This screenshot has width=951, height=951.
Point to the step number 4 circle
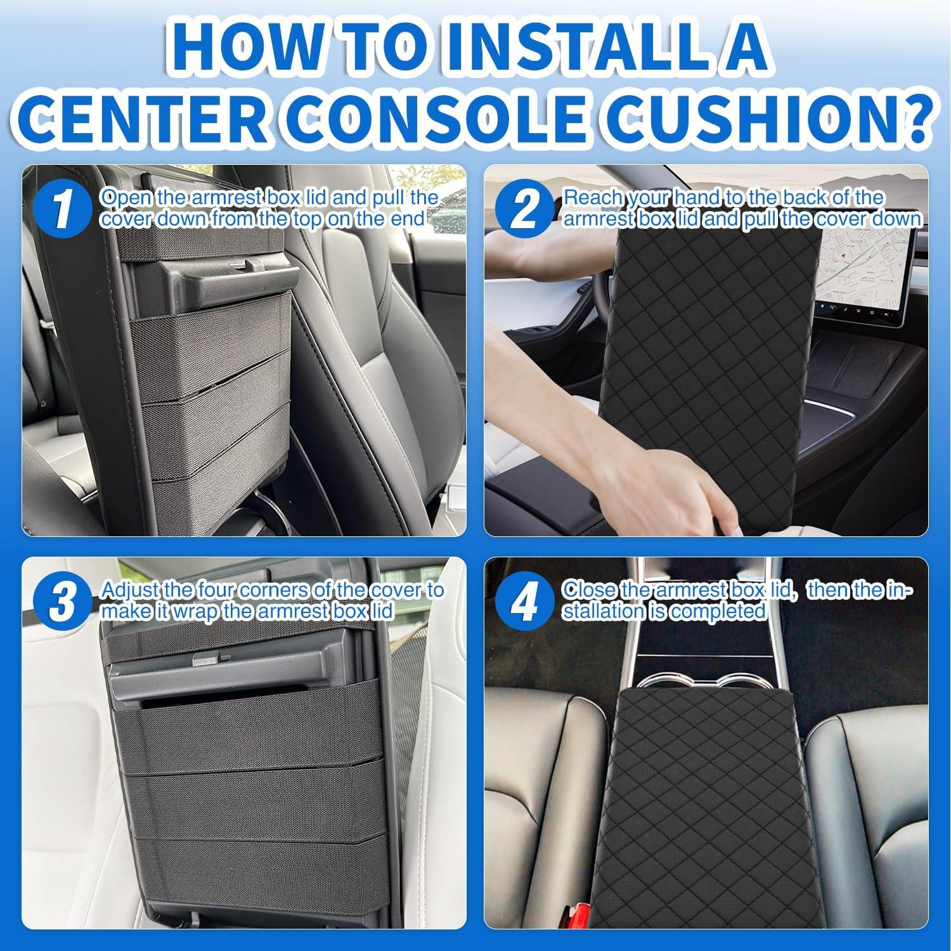coord(524,601)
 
